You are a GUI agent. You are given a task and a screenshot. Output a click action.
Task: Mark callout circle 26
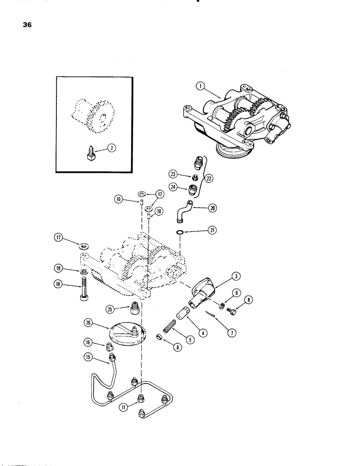click(100, 321)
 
